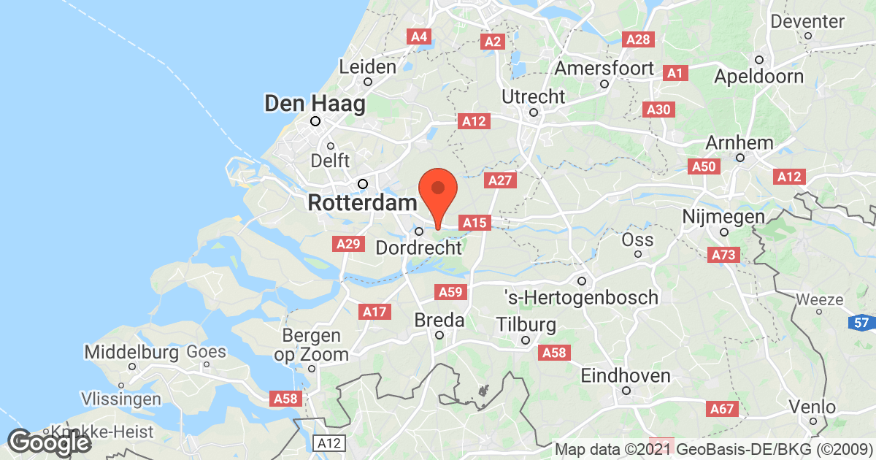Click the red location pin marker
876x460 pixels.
tap(437, 192)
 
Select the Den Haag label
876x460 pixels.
tap(315, 104)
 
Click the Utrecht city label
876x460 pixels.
tap(534, 96)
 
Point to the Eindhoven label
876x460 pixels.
tap(626, 376)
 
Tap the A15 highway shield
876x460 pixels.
tap(474, 222)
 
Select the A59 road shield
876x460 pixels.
tap(450, 293)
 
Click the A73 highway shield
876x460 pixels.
tap(724, 255)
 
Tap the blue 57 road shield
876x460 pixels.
tap(862, 321)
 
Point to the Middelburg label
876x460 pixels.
tap(131, 353)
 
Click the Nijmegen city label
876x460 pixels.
tap(723, 217)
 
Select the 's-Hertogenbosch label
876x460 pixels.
tap(582, 297)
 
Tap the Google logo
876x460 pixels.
tap(50, 442)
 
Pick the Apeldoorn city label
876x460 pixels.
tap(759, 76)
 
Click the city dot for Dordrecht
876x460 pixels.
tap(419, 231)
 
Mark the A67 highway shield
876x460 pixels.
tap(724, 410)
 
